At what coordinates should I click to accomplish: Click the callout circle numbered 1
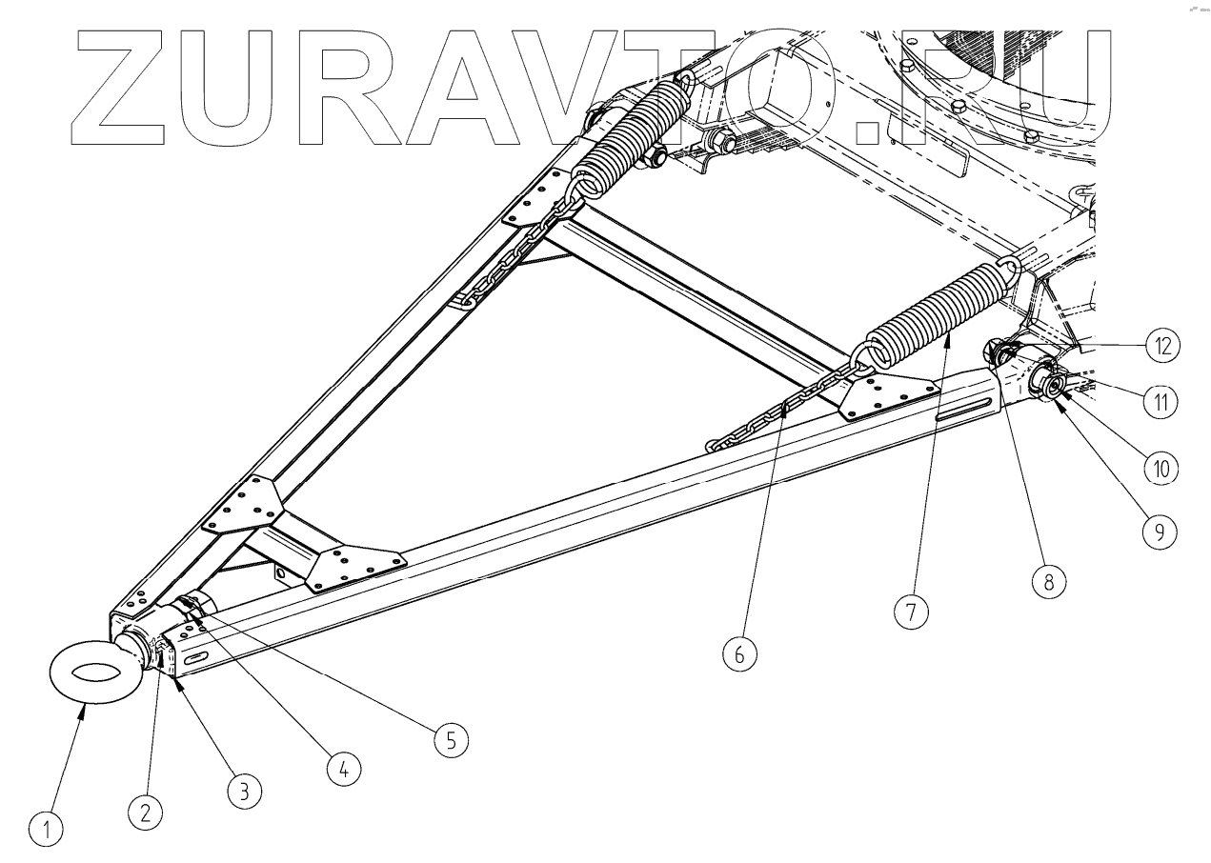click(x=46, y=833)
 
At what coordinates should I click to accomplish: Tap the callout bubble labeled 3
click(x=245, y=789)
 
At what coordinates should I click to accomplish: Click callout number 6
click(x=740, y=654)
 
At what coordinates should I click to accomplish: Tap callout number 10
click(x=1161, y=467)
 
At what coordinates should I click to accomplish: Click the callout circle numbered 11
click(x=1161, y=404)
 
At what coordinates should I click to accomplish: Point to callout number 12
click(x=1161, y=344)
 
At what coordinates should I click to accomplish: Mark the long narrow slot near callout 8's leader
click(x=967, y=410)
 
